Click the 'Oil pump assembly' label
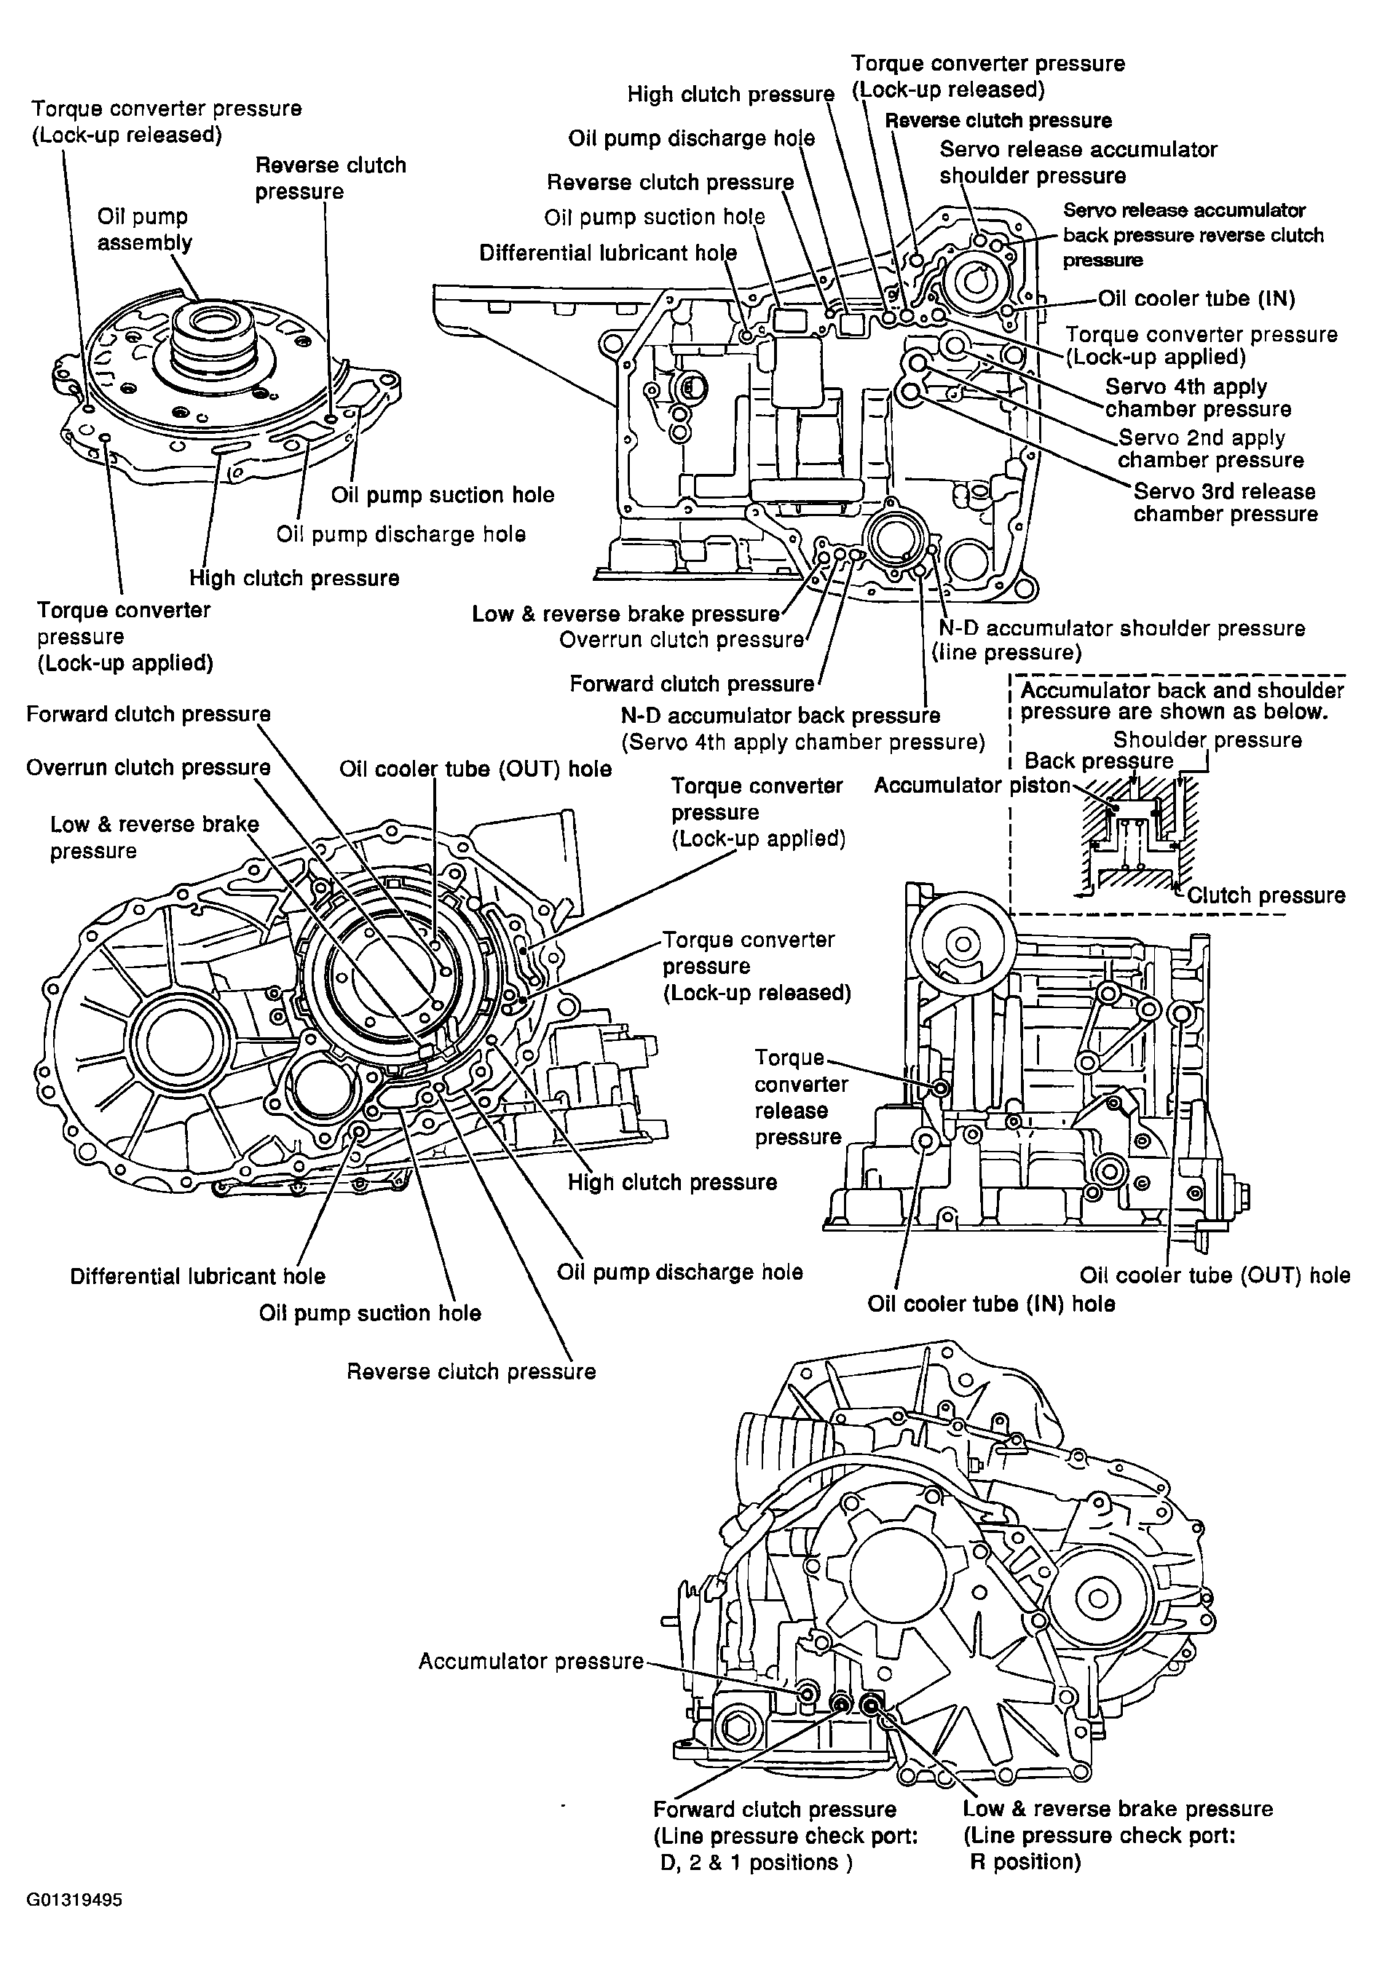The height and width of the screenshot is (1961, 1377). (144, 230)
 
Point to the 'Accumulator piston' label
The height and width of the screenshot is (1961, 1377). (971, 785)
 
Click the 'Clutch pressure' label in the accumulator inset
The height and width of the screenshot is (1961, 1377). (1266, 895)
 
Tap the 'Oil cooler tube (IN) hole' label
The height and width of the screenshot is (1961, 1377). (991, 1304)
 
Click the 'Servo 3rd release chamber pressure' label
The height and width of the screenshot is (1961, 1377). (1225, 502)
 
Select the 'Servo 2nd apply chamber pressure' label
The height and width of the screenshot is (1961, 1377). (1210, 448)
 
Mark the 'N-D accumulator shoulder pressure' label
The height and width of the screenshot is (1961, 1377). (1121, 629)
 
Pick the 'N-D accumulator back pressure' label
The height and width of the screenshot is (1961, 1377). (780, 716)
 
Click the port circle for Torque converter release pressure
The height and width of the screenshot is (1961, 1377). (939, 1088)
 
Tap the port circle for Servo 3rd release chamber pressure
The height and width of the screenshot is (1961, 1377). (910, 393)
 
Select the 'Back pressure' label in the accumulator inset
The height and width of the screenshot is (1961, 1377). (1099, 761)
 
